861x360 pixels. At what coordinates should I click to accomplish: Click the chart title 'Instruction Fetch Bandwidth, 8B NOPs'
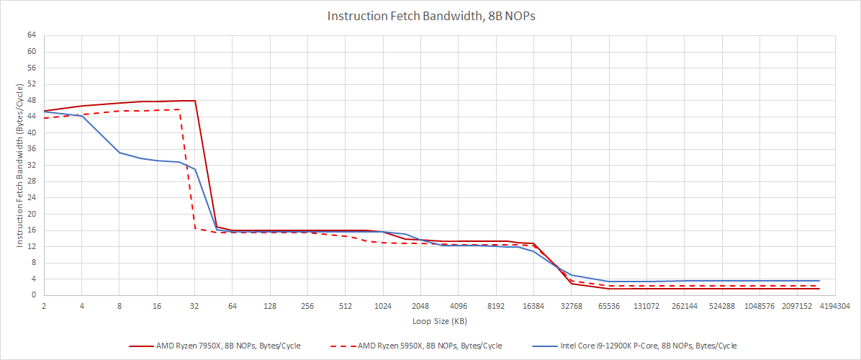point(430,16)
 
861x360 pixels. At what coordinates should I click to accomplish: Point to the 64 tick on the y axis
point(32,35)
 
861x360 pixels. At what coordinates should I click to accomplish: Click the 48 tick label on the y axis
point(32,100)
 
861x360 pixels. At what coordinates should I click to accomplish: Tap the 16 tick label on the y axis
point(32,230)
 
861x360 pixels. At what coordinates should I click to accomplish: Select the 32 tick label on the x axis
point(194,306)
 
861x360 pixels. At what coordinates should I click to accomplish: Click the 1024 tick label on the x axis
point(382,306)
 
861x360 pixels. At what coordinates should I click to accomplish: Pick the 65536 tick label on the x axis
point(608,306)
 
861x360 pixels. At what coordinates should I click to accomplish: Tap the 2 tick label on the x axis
point(44,306)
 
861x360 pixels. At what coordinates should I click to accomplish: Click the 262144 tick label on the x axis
point(684,306)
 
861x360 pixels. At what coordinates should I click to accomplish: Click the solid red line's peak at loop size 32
point(194,101)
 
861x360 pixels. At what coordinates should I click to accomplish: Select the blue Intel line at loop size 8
point(120,153)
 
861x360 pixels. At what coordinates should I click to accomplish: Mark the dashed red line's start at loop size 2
point(45,118)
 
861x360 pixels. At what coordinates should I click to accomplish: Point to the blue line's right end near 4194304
point(819,281)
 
